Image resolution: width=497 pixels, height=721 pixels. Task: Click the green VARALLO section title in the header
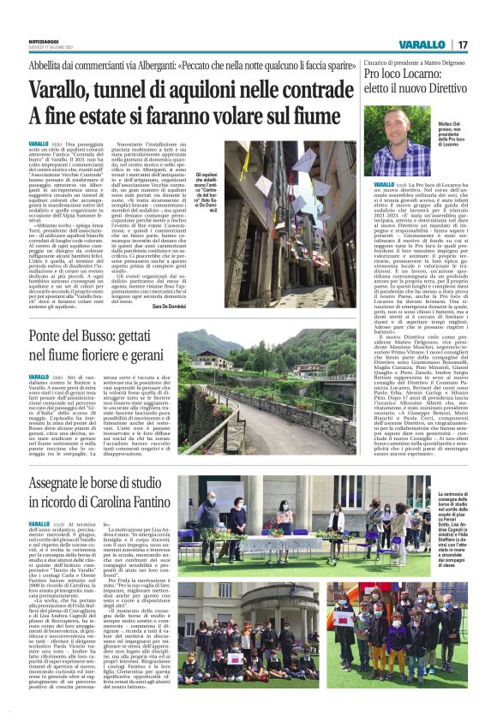tap(422, 45)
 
